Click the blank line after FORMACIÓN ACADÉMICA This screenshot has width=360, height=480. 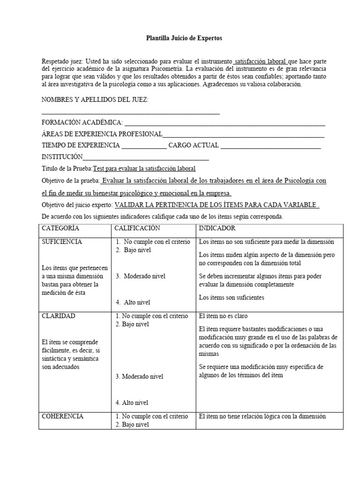224,123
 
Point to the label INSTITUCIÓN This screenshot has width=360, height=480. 62,157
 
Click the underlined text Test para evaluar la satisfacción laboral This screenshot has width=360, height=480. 144,169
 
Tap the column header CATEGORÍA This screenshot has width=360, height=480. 61,228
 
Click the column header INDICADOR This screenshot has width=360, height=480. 217,228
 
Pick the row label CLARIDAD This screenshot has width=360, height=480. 59,316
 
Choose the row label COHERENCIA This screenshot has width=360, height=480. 63,416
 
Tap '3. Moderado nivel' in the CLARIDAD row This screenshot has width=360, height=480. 140,376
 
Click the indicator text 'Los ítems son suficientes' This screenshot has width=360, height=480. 232,297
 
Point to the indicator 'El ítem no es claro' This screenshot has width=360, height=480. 224,316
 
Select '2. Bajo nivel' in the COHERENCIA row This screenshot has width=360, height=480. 132,425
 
